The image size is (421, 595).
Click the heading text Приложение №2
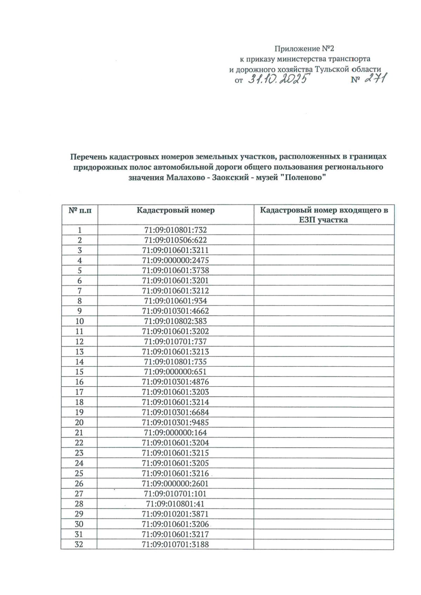pos(302,48)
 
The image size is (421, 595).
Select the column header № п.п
pos(80,210)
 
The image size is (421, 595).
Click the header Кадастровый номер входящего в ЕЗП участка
pos(324,215)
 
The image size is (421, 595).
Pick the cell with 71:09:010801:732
pos(175,230)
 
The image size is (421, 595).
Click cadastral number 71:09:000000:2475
pos(175,260)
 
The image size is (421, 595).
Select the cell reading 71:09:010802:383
pos(175,321)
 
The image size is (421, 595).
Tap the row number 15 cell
pos(80,372)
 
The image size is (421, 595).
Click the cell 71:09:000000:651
pos(175,372)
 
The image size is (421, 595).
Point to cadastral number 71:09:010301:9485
pos(175,422)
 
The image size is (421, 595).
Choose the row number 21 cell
pos(80,433)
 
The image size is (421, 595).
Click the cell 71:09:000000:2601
pos(175,483)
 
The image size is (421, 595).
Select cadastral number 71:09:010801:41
pos(175,504)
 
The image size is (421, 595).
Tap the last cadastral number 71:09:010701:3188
pos(175,544)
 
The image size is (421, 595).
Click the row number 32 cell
pos(80,544)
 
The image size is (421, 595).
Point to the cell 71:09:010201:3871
pos(175,514)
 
